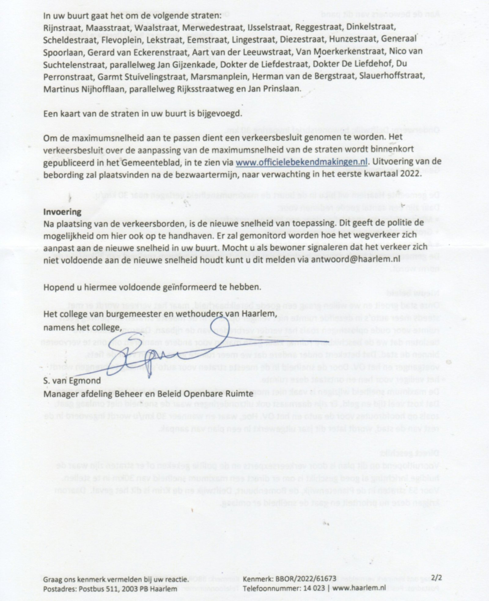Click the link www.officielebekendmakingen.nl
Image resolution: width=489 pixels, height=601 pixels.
[x=301, y=162]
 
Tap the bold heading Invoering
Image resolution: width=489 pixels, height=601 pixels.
[x=62, y=212]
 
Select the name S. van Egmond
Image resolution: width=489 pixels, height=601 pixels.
[x=72, y=381]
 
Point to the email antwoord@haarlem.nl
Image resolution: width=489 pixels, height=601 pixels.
[x=355, y=259]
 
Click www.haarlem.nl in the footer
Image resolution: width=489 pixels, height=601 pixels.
[x=359, y=588]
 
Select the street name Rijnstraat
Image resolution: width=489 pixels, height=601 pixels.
[x=63, y=27]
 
